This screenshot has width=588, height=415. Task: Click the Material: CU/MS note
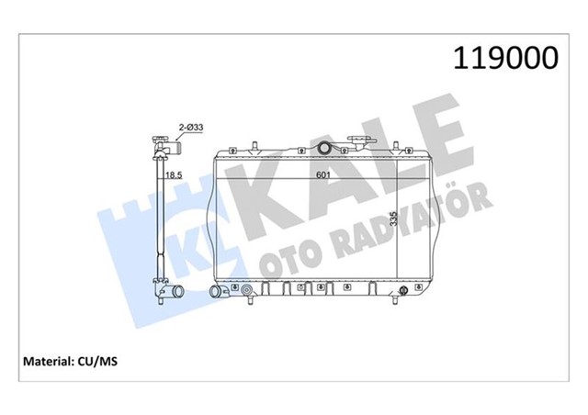70,362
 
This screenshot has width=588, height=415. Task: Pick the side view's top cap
164,144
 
